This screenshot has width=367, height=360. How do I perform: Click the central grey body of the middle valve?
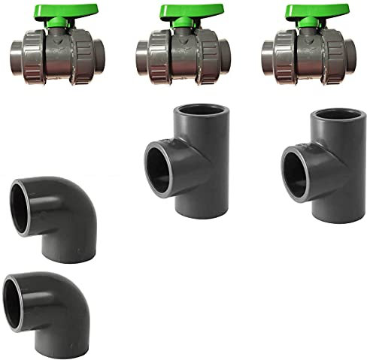tap(183, 57)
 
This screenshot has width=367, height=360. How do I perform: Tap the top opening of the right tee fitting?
tap(335, 117)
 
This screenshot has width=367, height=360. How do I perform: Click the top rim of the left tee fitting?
tap(200, 111)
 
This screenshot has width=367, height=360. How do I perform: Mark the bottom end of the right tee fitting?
tap(336, 210)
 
